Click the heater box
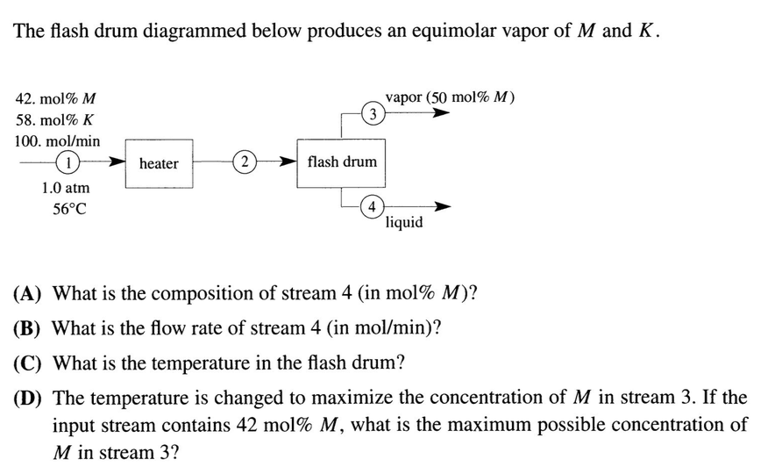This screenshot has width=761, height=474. click(159, 162)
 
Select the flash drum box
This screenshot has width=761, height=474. click(342, 162)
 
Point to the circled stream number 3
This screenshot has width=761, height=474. click(373, 113)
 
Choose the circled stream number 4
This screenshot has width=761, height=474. click(373, 207)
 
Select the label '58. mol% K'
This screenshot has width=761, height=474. click(55, 119)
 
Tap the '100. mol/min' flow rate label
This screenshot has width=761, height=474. click(58, 140)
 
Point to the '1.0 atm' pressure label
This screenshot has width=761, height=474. click(66, 188)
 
